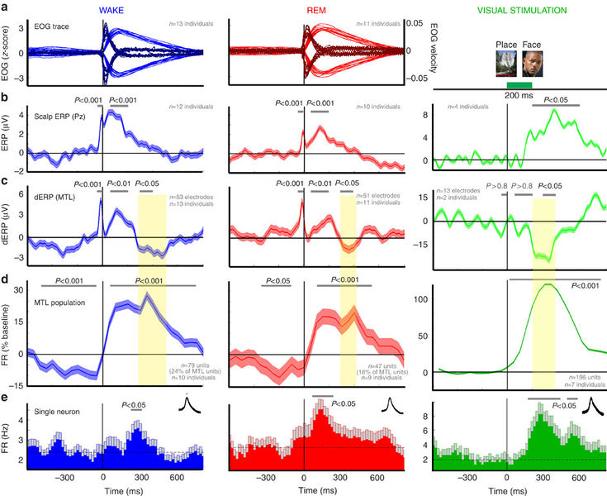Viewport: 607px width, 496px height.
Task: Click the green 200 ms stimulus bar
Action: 519,84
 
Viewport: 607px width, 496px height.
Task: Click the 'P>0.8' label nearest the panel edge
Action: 498,187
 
